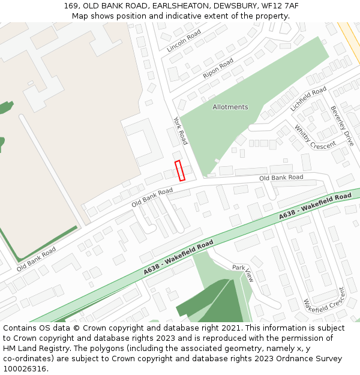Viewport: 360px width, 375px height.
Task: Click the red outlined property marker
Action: click(179, 170)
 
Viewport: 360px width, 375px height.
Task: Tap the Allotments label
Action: click(230, 107)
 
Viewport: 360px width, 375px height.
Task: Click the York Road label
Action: click(181, 130)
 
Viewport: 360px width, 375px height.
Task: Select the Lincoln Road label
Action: click(184, 41)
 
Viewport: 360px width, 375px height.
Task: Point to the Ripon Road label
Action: click(218, 68)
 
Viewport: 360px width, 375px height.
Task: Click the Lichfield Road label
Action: click(308, 98)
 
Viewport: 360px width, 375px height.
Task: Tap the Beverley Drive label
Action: click(342, 126)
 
